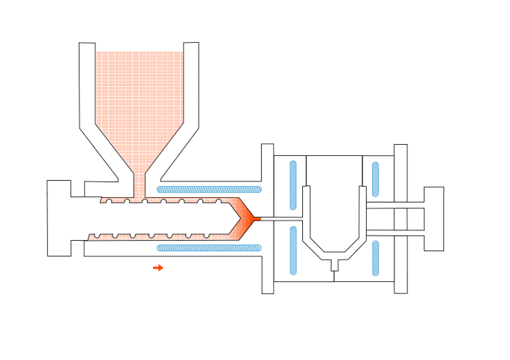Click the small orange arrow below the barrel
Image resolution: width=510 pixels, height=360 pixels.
tap(158, 267)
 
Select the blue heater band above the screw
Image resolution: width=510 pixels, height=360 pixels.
tap(208, 189)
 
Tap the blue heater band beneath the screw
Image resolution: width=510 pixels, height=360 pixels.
tap(208, 247)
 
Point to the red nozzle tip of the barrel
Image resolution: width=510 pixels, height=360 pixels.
tap(256, 219)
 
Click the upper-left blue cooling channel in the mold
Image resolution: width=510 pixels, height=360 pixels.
tap(293, 184)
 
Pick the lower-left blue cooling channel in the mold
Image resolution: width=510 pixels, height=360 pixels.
tap(293, 252)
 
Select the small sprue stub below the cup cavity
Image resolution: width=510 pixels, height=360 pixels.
tap(334, 264)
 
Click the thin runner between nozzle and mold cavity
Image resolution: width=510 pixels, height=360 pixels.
tap(281, 218)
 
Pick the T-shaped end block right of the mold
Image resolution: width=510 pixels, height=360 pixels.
tap(432, 218)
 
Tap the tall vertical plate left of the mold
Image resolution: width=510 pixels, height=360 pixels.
tap(268, 218)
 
